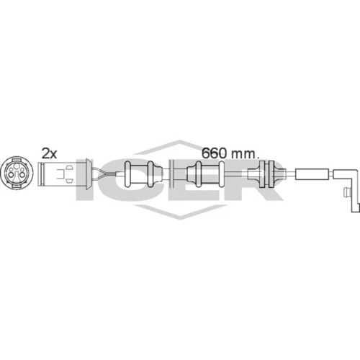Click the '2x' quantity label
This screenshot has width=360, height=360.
pyautogui.click(x=49, y=153)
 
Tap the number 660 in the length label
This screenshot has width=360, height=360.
pyautogui.click(x=214, y=153)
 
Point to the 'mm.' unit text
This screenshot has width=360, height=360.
pyautogui.click(x=246, y=155)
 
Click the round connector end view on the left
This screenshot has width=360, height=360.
pyautogui.click(x=17, y=173)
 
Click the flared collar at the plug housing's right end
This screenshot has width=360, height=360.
pyautogui.click(x=89, y=174)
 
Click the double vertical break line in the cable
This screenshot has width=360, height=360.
pyautogui.click(x=171, y=174)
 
